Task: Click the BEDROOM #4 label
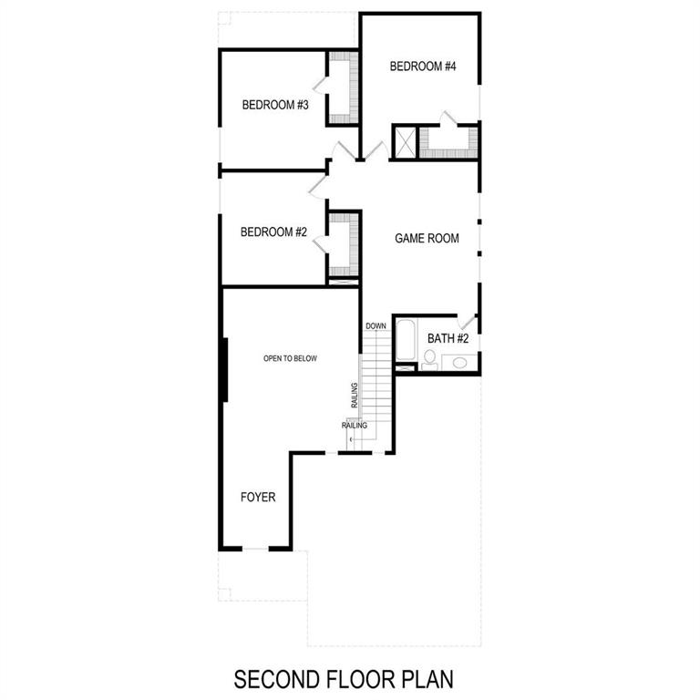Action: (422, 67)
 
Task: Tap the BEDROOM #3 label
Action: (275, 106)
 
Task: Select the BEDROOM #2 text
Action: (273, 232)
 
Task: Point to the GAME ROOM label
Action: (426, 239)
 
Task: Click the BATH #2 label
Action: (448, 339)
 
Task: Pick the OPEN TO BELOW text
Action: (290, 359)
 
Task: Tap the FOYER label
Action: (258, 498)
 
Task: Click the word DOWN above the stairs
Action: (376, 326)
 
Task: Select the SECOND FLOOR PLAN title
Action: (344, 679)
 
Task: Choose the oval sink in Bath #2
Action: (459, 363)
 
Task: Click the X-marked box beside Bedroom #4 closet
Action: (404, 141)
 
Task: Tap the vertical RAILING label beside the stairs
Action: (355, 397)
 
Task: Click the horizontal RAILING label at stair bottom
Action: (355, 426)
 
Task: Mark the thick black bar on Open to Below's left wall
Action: (224, 368)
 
